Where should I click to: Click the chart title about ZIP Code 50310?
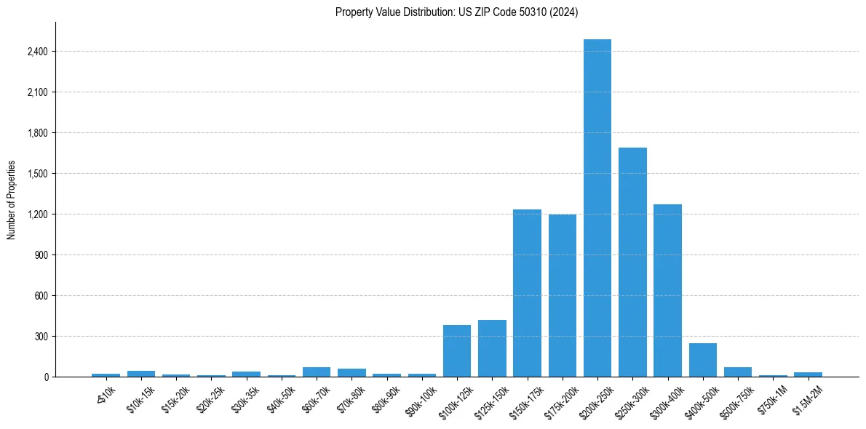click(x=456, y=12)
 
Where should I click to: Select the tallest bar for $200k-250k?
click(x=597, y=208)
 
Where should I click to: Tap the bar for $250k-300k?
click(x=632, y=262)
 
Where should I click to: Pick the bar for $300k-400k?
click(x=667, y=290)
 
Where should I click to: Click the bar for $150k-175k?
click(x=527, y=293)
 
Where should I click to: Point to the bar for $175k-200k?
click(x=563, y=295)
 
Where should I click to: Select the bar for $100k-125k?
click(x=457, y=350)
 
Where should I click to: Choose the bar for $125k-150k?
click(x=492, y=348)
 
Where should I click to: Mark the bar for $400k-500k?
click(x=702, y=360)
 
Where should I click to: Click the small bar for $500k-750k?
click(x=738, y=372)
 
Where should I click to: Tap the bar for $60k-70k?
click(x=317, y=372)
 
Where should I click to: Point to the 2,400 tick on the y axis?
click(x=38, y=52)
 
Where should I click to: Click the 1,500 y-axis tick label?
click(x=38, y=174)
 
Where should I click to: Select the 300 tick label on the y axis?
click(x=41, y=337)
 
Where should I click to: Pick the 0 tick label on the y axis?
click(x=46, y=377)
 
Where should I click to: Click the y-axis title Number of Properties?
click(x=12, y=200)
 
